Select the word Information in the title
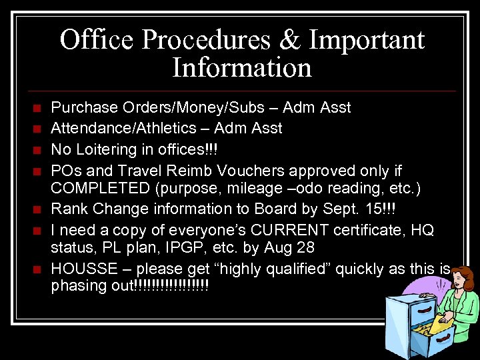241,68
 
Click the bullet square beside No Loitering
37,148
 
